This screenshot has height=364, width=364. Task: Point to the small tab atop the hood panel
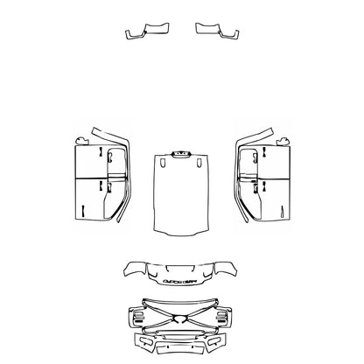point(181,154)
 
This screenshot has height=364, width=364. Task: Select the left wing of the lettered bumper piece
point(135,268)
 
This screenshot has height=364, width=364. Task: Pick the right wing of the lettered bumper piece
point(229,268)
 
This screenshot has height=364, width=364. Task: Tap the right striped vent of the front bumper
point(225,317)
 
